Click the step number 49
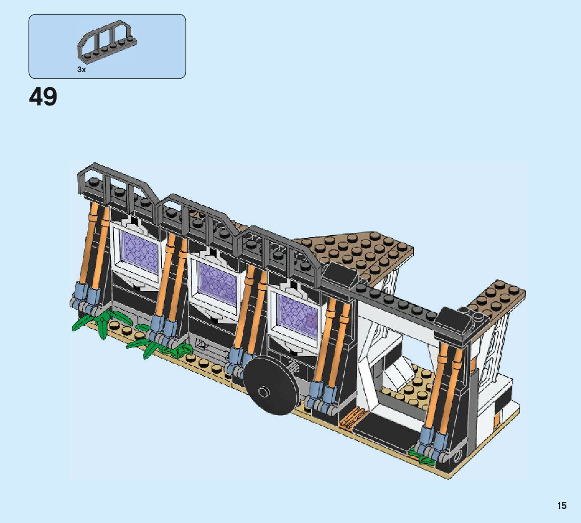pyautogui.click(x=43, y=97)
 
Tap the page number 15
pyautogui.click(x=562, y=505)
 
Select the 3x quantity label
pyautogui.click(x=81, y=69)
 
